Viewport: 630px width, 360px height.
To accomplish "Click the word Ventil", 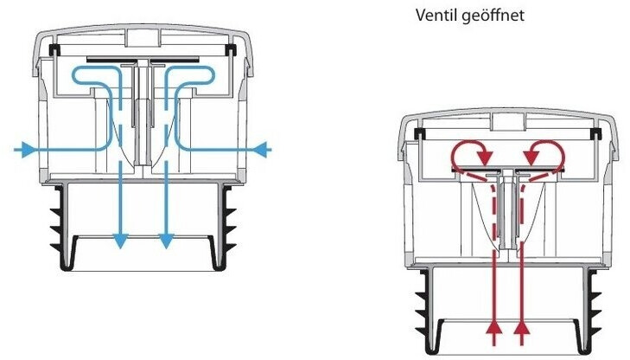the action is coord(436,16).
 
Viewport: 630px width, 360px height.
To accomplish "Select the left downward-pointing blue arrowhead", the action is coord(121,241).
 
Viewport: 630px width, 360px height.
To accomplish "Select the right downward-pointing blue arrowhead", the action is coord(164,241).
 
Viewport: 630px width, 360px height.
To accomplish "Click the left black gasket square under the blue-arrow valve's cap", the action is coord(54,51).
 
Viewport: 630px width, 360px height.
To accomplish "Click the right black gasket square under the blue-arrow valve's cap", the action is coord(232,51).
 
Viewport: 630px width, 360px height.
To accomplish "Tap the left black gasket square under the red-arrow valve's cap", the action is coord(420,133).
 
